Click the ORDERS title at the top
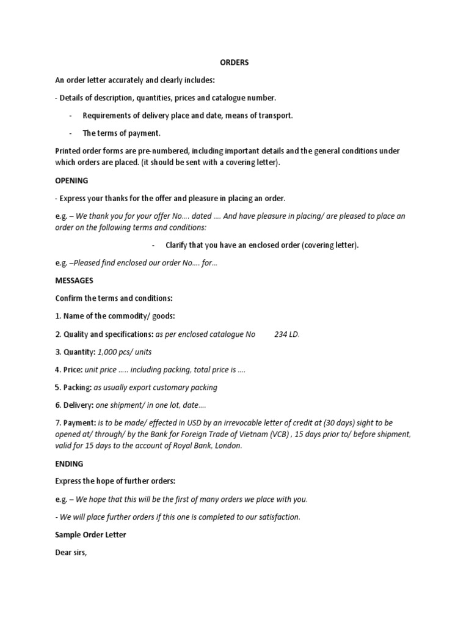point(234,63)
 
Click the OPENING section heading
point(71,180)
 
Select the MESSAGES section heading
point(74,281)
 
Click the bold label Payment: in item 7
point(80,422)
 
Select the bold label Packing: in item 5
point(78,387)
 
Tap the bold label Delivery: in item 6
point(79,405)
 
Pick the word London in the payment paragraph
point(227,446)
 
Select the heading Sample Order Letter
point(90,534)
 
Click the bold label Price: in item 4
point(73,370)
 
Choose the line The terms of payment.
point(122,133)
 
